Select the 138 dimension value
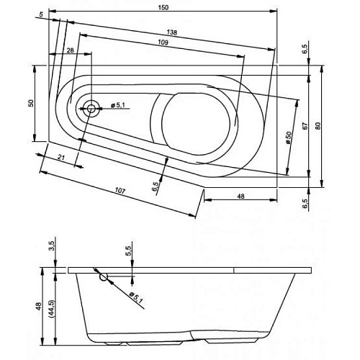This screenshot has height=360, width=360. click(x=172, y=32)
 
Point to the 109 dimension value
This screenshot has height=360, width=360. click(x=163, y=44)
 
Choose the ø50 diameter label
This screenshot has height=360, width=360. click(x=287, y=137)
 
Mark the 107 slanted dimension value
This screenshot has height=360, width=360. click(x=120, y=190)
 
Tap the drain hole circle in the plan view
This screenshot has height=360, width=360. click(x=92, y=109)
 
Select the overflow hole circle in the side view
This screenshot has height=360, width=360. click(x=104, y=276)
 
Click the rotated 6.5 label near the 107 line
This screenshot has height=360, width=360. click(x=156, y=186)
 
